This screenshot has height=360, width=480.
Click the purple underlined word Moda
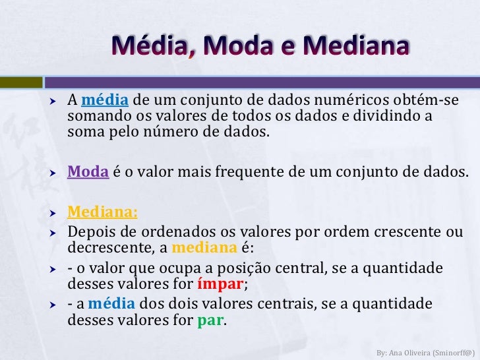click(x=88, y=172)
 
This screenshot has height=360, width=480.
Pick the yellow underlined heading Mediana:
click(x=103, y=214)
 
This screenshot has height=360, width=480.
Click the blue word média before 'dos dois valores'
click(x=111, y=305)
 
